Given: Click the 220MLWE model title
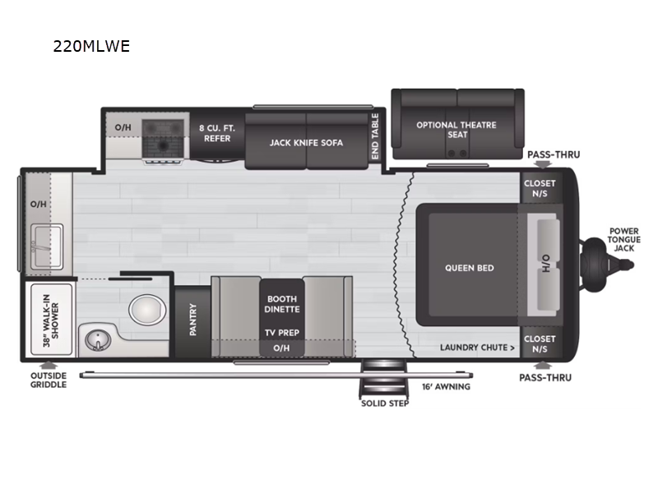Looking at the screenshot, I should coord(91,46).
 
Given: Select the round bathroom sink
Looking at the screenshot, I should coord(97,338).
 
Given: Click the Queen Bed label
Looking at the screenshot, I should coord(469,268).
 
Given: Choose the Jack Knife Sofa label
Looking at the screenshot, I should coord(306,142).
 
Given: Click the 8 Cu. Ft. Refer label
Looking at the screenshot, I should coord(217,132).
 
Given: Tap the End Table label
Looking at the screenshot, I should coord(375,136).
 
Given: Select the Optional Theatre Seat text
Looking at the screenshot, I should coord(456,130).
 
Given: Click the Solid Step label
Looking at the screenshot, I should coord(384,403).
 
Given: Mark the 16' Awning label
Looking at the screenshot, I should coord(446,386).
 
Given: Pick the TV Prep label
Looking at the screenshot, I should coord(281,332).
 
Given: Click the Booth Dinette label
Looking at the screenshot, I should coord(281,303).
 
